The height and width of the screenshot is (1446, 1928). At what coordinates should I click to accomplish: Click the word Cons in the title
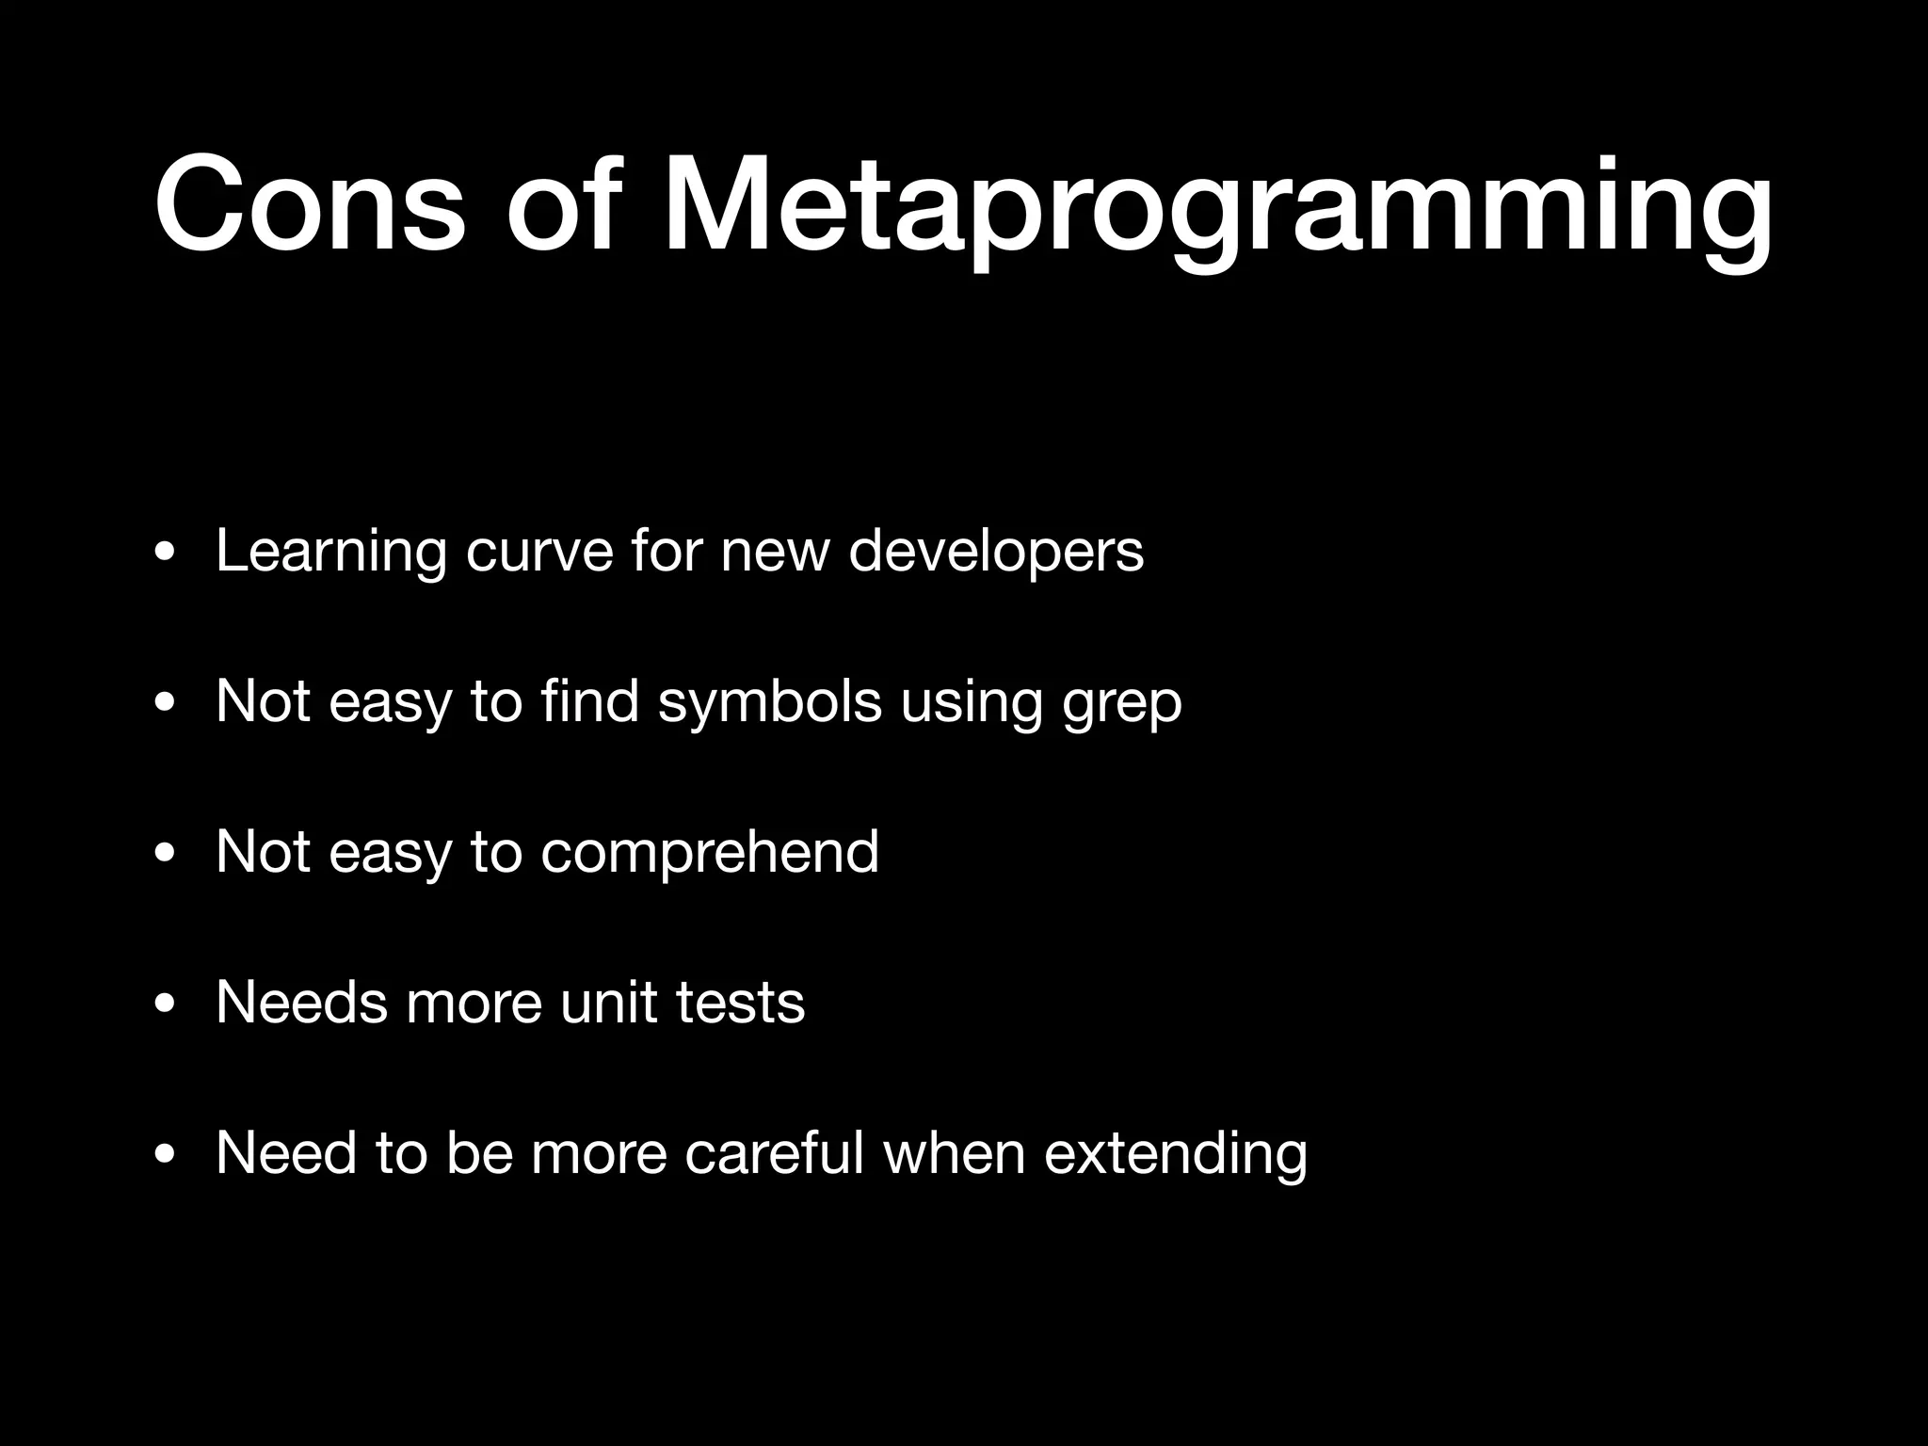pos(310,205)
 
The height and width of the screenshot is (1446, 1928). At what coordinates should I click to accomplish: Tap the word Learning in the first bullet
pos(330,553)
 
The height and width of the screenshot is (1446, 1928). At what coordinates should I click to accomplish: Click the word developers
pos(996,553)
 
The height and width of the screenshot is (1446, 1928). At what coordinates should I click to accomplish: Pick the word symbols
pos(769,703)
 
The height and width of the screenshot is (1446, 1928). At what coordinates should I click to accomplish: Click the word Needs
pos(301,1002)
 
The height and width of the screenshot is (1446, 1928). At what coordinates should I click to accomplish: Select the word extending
pos(1176,1154)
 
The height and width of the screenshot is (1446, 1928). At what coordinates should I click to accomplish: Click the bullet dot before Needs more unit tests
pos(165,1005)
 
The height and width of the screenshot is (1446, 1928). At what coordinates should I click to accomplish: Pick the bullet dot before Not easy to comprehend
pos(165,855)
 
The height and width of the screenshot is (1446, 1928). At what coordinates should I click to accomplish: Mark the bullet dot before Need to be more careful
pos(165,1156)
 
